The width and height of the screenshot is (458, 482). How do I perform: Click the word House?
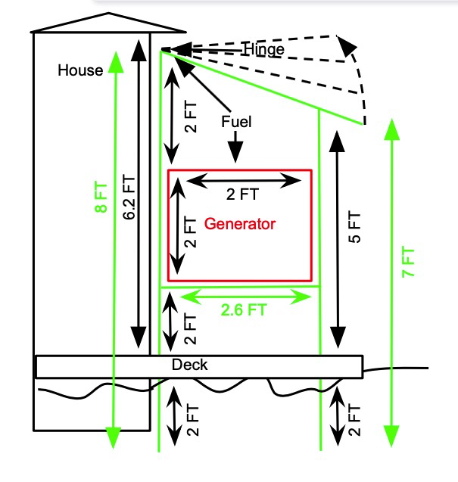click(x=80, y=70)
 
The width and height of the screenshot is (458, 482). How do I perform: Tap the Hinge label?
click(x=264, y=50)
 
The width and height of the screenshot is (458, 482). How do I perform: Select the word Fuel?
click(x=236, y=121)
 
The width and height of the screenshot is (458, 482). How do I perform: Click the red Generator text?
click(x=240, y=224)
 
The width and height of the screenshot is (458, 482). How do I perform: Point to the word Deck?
click(x=189, y=365)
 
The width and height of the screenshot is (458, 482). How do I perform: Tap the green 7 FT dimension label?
click(x=410, y=262)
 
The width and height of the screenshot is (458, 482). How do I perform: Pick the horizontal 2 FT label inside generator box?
click(x=242, y=194)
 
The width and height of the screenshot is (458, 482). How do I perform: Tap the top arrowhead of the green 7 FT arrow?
click(x=391, y=129)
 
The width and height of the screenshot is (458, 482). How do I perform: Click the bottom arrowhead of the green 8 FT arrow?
click(x=113, y=437)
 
